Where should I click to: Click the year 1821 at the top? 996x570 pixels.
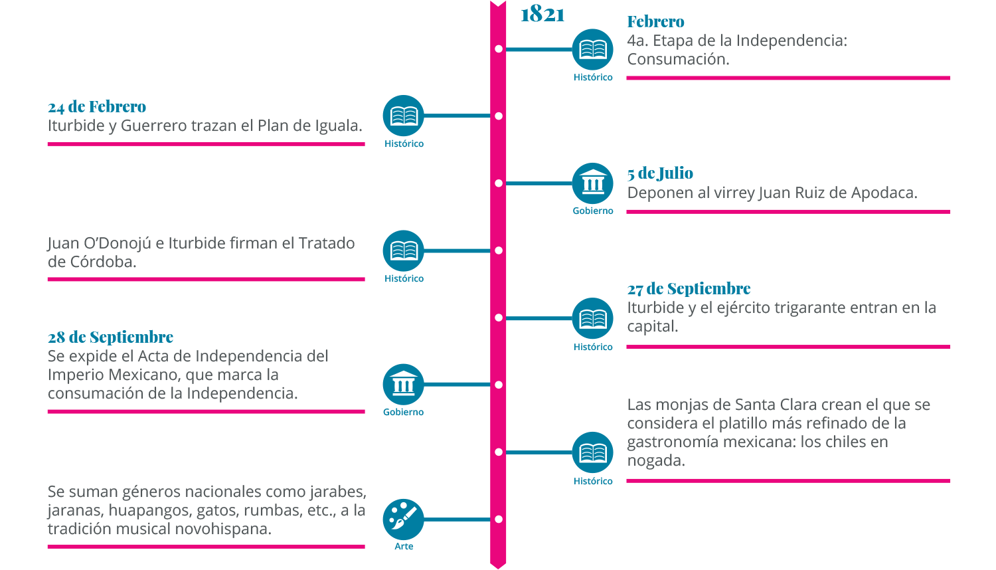pyautogui.click(x=542, y=14)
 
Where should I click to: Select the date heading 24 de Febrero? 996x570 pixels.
pyautogui.click(x=97, y=107)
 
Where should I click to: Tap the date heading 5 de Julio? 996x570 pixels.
pyautogui.click(x=660, y=173)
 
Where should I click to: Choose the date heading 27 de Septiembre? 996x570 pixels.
pyautogui.click(x=689, y=289)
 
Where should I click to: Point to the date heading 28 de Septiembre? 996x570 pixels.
pyautogui.click(x=110, y=337)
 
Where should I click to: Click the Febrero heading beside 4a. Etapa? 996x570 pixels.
pyautogui.click(x=655, y=22)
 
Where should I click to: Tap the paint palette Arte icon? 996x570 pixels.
pyautogui.click(x=403, y=519)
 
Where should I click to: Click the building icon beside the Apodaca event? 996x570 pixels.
pyautogui.click(x=592, y=183)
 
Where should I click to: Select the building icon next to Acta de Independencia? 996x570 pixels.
pyautogui.click(x=403, y=384)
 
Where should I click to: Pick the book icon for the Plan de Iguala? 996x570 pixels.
pyautogui.click(x=403, y=116)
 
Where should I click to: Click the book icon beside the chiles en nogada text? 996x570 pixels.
pyautogui.click(x=592, y=452)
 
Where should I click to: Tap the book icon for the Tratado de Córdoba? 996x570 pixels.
pyautogui.click(x=403, y=250)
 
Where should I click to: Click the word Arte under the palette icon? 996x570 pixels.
pyautogui.click(x=404, y=547)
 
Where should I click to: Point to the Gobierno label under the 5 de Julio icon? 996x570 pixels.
pyautogui.click(x=593, y=211)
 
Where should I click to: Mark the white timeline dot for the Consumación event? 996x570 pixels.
pyautogui.click(x=499, y=49)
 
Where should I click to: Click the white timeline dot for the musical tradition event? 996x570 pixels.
pyautogui.click(x=499, y=519)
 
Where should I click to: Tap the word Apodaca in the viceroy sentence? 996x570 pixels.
pyautogui.click(x=884, y=193)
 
